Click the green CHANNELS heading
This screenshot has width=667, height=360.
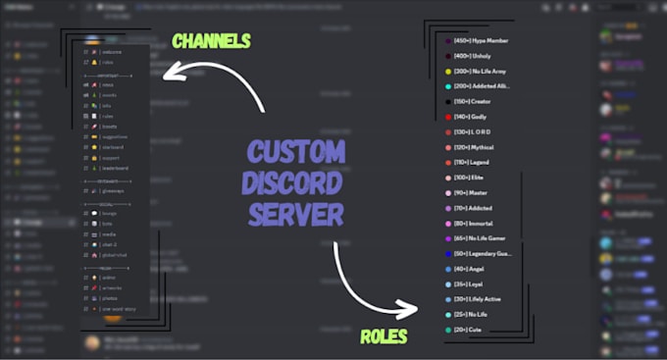pyautogui.click(x=210, y=41)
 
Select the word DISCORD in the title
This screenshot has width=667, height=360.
pyautogui.click(x=295, y=182)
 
